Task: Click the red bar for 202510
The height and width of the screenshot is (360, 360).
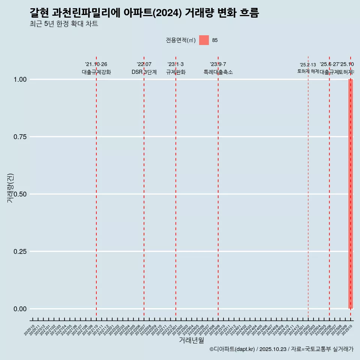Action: pyautogui.click(x=351, y=194)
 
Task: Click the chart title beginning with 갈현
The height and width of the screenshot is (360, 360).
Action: pyautogui.click(x=144, y=13)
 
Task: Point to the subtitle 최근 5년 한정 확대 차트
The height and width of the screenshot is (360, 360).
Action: pyautogui.click(x=64, y=24)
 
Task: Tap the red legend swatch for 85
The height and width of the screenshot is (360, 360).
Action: pyautogui.click(x=204, y=40)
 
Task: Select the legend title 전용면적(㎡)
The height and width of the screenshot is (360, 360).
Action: pyautogui.click(x=180, y=40)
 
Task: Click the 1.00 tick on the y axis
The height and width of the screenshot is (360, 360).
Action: pyautogui.click(x=19, y=79)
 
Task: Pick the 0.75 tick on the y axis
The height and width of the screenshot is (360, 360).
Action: pyautogui.click(x=19, y=137)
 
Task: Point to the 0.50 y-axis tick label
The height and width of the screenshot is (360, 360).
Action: pyautogui.click(x=19, y=194)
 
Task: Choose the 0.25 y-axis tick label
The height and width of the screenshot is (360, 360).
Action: pyautogui.click(x=19, y=252)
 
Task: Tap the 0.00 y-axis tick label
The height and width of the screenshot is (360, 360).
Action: pyautogui.click(x=19, y=309)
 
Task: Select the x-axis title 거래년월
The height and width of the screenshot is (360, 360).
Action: pyautogui.click(x=191, y=340)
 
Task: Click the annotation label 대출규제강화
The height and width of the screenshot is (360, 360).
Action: pyautogui.click(x=96, y=72)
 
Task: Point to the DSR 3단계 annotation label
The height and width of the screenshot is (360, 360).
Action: pyautogui.click(x=144, y=72)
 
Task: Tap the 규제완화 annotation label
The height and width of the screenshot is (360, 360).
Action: pyautogui.click(x=175, y=72)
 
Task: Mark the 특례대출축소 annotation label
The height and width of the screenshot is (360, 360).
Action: pyautogui.click(x=218, y=72)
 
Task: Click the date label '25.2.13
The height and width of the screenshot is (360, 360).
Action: pyautogui.click(x=308, y=65)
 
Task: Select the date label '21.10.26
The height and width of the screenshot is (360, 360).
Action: pyautogui.click(x=96, y=64)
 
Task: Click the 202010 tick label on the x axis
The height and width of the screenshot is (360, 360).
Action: pyautogui.click(x=29, y=330)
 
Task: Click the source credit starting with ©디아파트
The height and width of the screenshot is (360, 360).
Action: pyautogui.click(x=281, y=349)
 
